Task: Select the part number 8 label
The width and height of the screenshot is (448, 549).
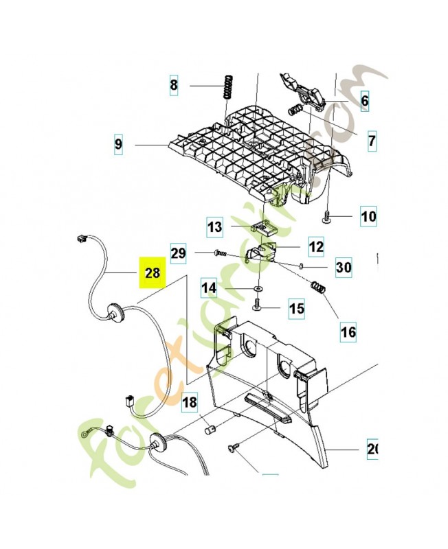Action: (174, 86)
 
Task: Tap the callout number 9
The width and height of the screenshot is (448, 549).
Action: (119, 145)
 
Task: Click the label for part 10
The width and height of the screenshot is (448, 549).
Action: (368, 218)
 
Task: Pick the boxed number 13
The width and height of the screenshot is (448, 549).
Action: (215, 226)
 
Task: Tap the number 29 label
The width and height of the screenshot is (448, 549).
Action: (179, 253)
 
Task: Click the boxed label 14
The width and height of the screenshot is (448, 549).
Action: (210, 289)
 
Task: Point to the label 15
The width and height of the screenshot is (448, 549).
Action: (295, 309)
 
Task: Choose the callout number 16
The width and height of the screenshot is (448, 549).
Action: (348, 333)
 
